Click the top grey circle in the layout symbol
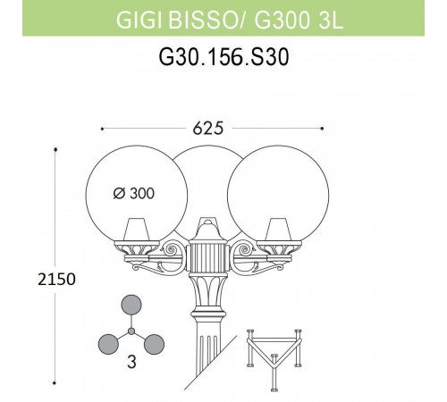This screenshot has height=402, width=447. point(131,305)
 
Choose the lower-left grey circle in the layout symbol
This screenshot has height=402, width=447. point(107,343)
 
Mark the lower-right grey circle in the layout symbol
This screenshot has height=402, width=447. point(155,343)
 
